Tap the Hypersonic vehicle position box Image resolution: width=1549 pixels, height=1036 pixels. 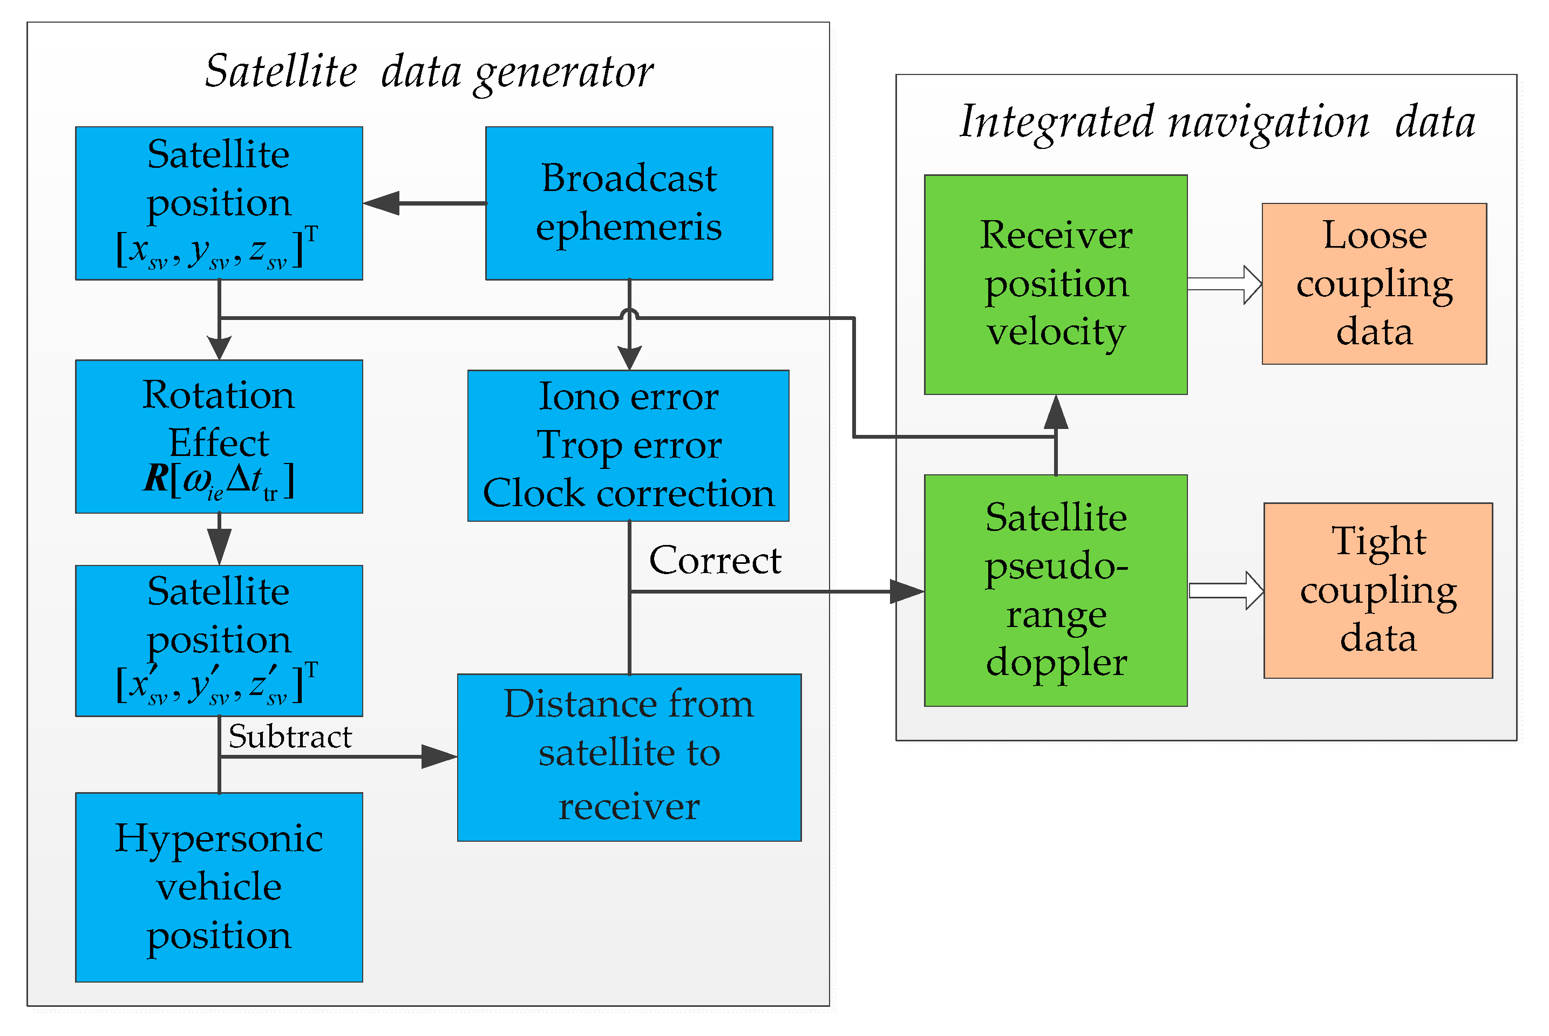tap(219, 887)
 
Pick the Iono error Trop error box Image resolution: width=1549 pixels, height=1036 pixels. tap(628, 445)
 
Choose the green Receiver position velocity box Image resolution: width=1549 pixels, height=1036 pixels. tap(1055, 284)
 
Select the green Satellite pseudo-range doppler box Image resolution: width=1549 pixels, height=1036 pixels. tap(1055, 590)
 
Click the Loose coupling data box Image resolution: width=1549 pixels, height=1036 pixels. tap(1374, 283)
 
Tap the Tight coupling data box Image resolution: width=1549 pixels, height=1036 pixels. tap(1378, 590)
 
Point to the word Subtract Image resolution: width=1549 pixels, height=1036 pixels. tap(290, 736)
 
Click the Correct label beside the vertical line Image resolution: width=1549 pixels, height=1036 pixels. tap(715, 560)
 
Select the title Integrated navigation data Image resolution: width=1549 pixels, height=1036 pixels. tap(1217, 122)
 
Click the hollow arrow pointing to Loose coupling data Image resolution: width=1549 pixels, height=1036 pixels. tap(1225, 285)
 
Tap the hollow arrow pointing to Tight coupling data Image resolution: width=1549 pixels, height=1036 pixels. tap(1226, 590)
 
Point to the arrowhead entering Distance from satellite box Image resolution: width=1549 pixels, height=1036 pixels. tap(439, 756)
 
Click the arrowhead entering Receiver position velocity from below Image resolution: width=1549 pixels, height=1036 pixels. tap(1055, 412)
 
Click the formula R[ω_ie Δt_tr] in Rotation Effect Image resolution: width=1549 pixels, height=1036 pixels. tap(219, 480)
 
